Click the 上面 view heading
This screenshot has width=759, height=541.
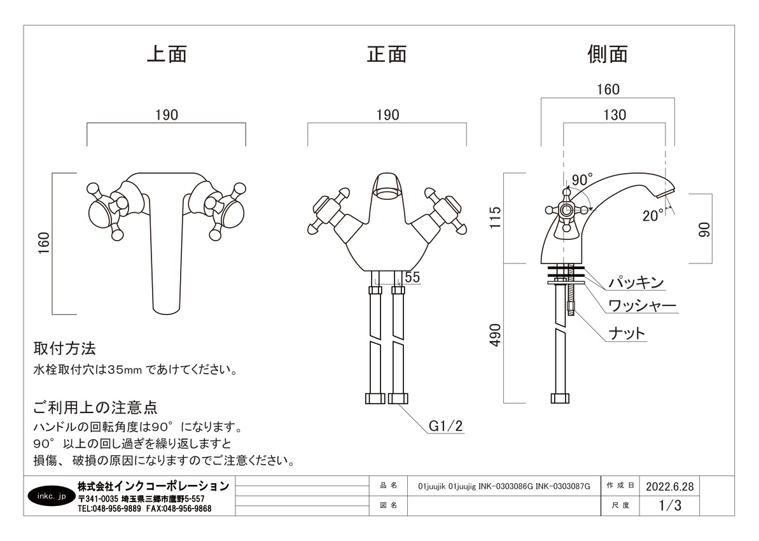(167, 54)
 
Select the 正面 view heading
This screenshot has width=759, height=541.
(387, 54)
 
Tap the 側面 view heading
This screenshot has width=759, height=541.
(608, 54)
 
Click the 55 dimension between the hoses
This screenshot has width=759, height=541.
(412, 277)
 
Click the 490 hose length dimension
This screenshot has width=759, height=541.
(496, 335)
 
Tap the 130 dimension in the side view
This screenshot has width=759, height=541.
(615, 115)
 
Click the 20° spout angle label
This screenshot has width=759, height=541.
(653, 216)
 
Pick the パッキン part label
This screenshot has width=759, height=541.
(636, 283)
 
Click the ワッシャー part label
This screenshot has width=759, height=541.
(642, 306)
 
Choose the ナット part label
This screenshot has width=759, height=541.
(627, 333)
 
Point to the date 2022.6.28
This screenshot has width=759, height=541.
(669, 486)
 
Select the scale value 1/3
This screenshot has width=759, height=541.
(670, 506)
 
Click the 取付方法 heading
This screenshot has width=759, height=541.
(64, 349)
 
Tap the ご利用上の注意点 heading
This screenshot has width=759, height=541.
(95, 406)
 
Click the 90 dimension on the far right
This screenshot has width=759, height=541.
(704, 229)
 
